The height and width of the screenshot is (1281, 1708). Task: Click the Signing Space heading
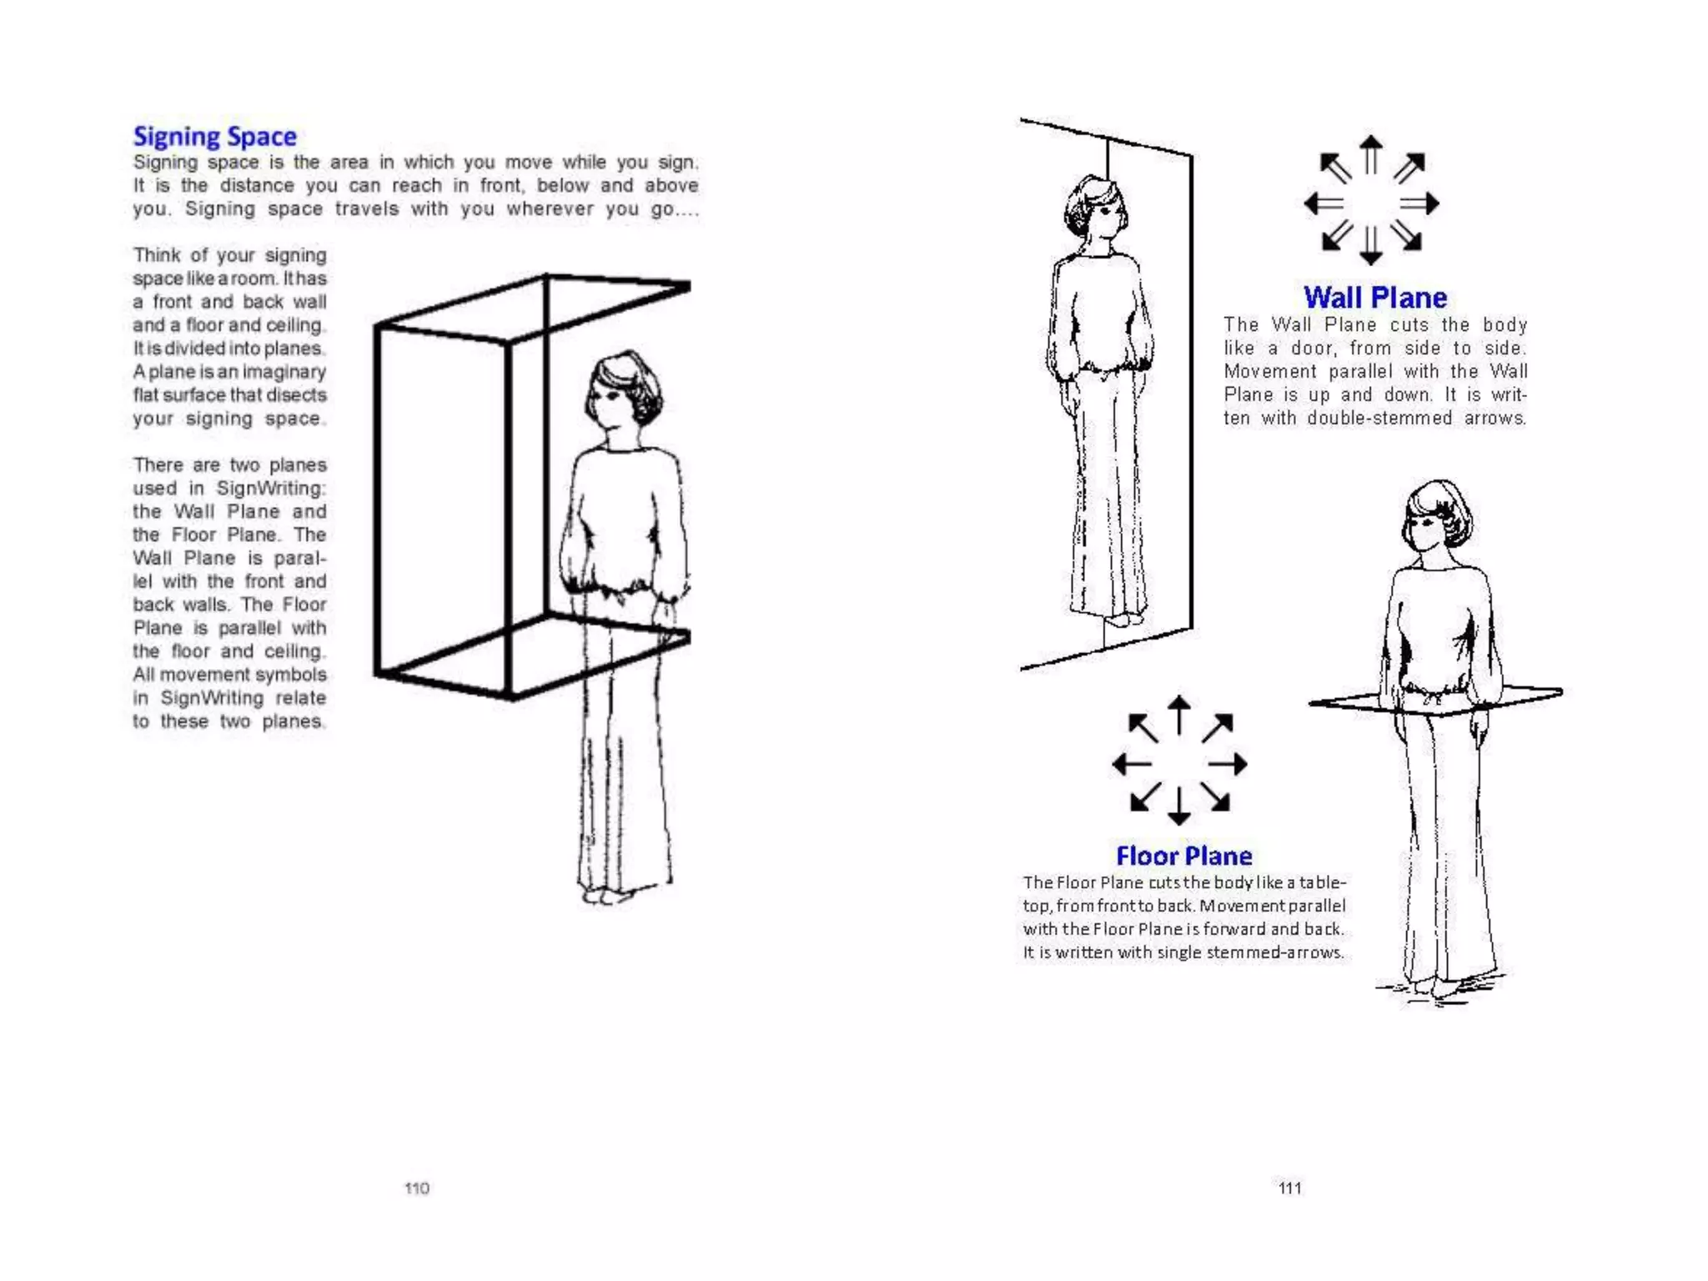pyautogui.click(x=214, y=136)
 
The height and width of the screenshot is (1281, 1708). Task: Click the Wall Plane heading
pyautogui.click(x=1374, y=298)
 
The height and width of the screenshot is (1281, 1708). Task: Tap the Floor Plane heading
pyautogui.click(x=1183, y=856)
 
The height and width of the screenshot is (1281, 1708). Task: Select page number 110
pyautogui.click(x=416, y=1188)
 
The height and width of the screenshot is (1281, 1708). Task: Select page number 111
pyautogui.click(x=1289, y=1188)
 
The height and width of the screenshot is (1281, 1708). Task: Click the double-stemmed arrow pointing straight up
pyautogui.click(x=1370, y=154)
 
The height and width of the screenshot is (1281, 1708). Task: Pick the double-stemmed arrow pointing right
pyautogui.click(x=1419, y=203)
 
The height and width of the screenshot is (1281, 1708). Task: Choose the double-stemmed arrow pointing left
pyautogui.click(x=1324, y=203)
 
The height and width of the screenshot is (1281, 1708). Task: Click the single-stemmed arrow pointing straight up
pyautogui.click(x=1178, y=715)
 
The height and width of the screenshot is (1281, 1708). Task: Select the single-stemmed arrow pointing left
pyautogui.click(x=1132, y=763)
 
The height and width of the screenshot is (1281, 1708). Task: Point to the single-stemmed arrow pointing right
pyautogui.click(x=1228, y=763)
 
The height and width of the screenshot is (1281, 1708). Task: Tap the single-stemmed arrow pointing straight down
pyautogui.click(x=1178, y=806)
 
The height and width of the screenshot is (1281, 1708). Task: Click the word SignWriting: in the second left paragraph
pyautogui.click(x=270, y=488)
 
